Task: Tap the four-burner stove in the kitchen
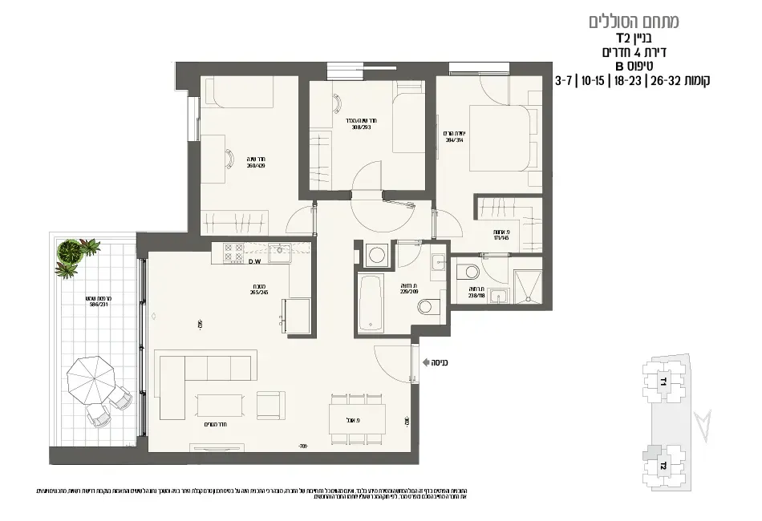coord(233,253)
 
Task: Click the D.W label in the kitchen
coord(256,262)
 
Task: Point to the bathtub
coord(371,302)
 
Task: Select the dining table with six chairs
coord(357,418)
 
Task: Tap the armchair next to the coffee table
coord(270,405)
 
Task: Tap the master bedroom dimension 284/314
coord(454,136)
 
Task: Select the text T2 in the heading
coord(622,38)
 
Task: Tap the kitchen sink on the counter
coord(280,253)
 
